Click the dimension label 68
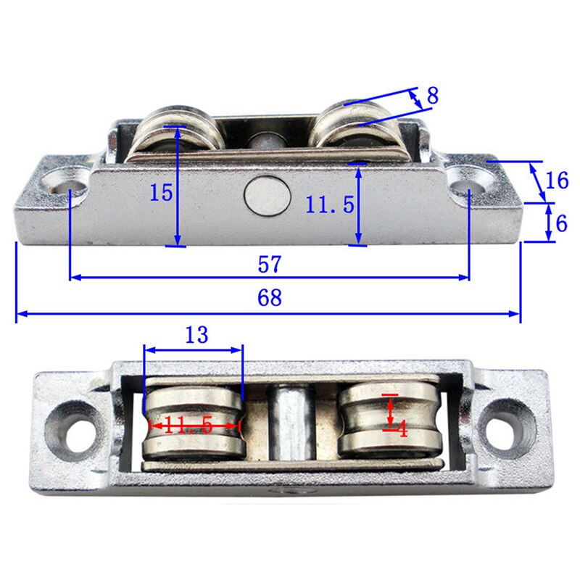pyautogui.click(x=269, y=298)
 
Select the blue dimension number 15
pyautogui.click(x=161, y=192)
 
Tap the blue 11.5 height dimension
pyautogui.click(x=329, y=205)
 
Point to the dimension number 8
pyautogui.click(x=432, y=95)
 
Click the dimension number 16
pyautogui.click(x=557, y=180)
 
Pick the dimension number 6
pyautogui.click(x=561, y=223)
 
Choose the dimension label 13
pyautogui.click(x=196, y=335)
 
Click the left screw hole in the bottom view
pyautogui.click(x=72, y=426)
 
